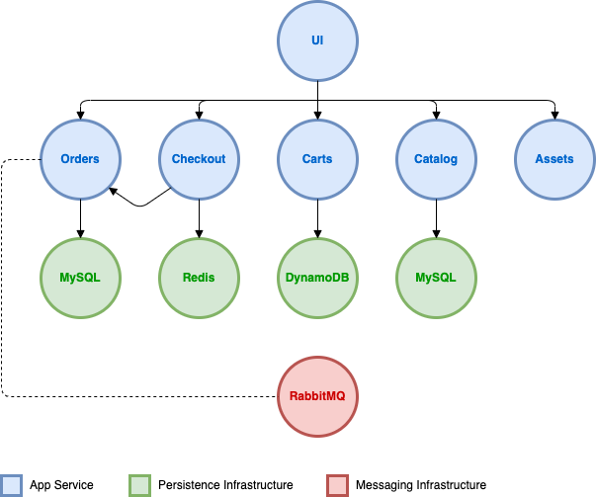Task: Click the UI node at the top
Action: tap(317, 41)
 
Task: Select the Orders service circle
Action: tap(80, 159)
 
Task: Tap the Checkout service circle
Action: tap(199, 159)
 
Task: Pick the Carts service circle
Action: tap(317, 159)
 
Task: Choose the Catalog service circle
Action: tap(436, 159)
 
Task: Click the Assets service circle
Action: tap(554, 159)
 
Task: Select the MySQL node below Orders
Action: tap(80, 278)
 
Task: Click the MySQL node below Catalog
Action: tap(436, 278)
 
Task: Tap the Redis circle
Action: tap(199, 278)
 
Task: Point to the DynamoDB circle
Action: tap(317, 278)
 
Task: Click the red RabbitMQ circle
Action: tap(317, 396)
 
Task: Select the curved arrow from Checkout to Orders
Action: tap(140, 206)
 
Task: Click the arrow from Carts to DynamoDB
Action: tap(317, 219)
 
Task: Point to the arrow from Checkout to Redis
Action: tap(199, 219)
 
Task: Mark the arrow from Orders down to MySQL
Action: tap(80, 219)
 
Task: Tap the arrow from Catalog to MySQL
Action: tap(436, 219)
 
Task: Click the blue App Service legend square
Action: tap(11, 485)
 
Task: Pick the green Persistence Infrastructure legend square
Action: tap(140, 485)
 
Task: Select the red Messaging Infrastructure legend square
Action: tap(337, 485)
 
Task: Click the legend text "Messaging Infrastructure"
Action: tap(421, 485)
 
